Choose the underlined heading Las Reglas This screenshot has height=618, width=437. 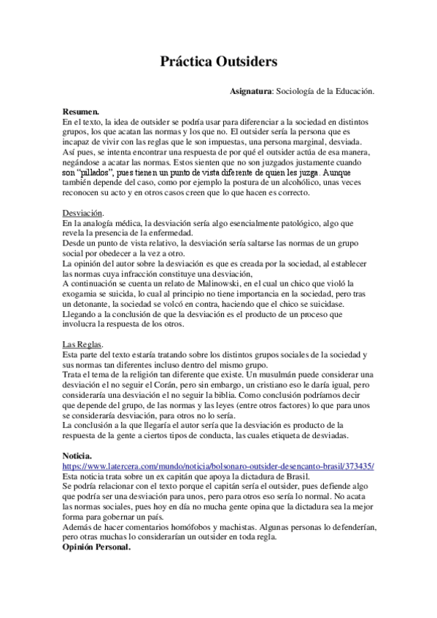(82, 343)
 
